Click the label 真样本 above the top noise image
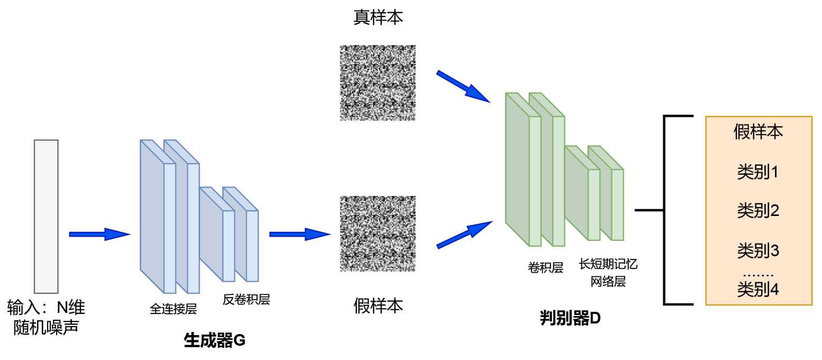tap(378, 18)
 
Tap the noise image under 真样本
tap(377, 83)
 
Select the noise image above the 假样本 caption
tap(377, 233)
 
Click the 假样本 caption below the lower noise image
tap(378, 305)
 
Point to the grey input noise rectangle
tap(46, 216)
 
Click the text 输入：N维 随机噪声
tap(46, 317)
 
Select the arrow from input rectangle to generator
tap(99, 234)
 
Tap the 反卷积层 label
tap(246, 300)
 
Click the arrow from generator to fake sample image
tap(299, 233)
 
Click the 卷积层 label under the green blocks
tap(545, 268)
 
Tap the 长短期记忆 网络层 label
tap(608, 273)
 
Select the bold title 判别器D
tap(570, 319)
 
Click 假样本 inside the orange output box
tap(758, 132)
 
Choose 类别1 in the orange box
tap(758, 172)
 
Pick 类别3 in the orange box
tap(758, 250)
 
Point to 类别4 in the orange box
tap(758, 290)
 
